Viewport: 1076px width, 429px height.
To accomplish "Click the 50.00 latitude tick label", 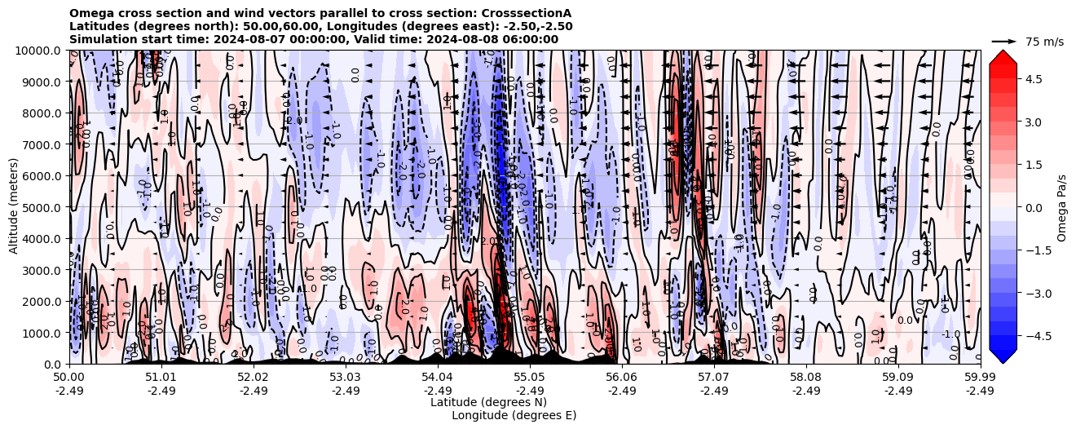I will pyautogui.click(x=69, y=378).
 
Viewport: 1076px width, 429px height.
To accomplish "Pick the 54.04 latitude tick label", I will pyautogui.click(x=438, y=378).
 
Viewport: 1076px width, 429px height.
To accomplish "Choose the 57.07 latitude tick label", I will pyautogui.click(x=714, y=378).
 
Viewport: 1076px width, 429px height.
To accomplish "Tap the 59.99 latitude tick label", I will pyautogui.click(x=980, y=378).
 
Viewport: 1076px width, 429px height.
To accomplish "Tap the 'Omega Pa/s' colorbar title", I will pyautogui.click(x=1062, y=207).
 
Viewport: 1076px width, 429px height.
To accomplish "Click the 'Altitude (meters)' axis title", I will pyautogui.click(x=14, y=207).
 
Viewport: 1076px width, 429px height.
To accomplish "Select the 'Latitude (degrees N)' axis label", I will pyautogui.click(x=488, y=402).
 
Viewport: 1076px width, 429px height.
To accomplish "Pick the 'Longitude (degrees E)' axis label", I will pyautogui.click(x=514, y=415).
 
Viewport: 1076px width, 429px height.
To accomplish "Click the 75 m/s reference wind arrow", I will pyautogui.click(x=1004, y=41).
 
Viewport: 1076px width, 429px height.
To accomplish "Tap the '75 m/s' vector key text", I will pyautogui.click(x=1044, y=42).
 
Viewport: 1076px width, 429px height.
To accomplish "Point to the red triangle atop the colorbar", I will pyautogui.click(x=1003, y=56).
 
